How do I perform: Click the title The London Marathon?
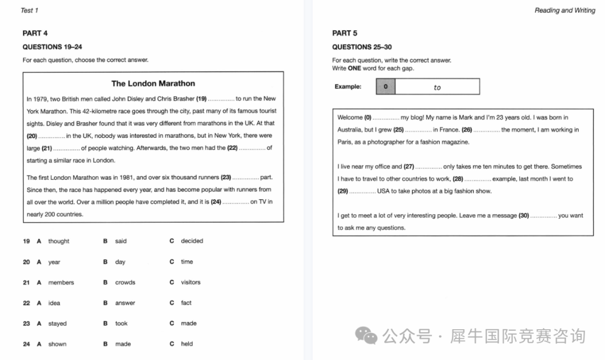click(153, 83)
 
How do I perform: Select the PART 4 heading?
click(35, 33)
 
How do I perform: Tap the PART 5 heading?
click(345, 33)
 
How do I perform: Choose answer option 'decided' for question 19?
click(192, 241)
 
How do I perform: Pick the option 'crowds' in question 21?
click(125, 282)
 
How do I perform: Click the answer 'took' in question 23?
click(121, 323)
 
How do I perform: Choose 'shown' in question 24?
click(57, 344)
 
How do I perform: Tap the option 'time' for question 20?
click(187, 261)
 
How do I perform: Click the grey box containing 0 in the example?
click(385, 87)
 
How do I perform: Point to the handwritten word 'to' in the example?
click(437, 87)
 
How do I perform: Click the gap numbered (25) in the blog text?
click(418, 130)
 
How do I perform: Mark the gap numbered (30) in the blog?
click(543, 216)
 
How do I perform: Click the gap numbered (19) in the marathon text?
click(221, 99)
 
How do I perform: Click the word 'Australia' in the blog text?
click(350, 130)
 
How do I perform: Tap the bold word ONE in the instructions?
click(354, 68)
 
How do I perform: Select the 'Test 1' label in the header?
click(29, 10)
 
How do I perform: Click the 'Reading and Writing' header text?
click(565, 10)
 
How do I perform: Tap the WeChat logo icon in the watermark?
click(367, 336)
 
